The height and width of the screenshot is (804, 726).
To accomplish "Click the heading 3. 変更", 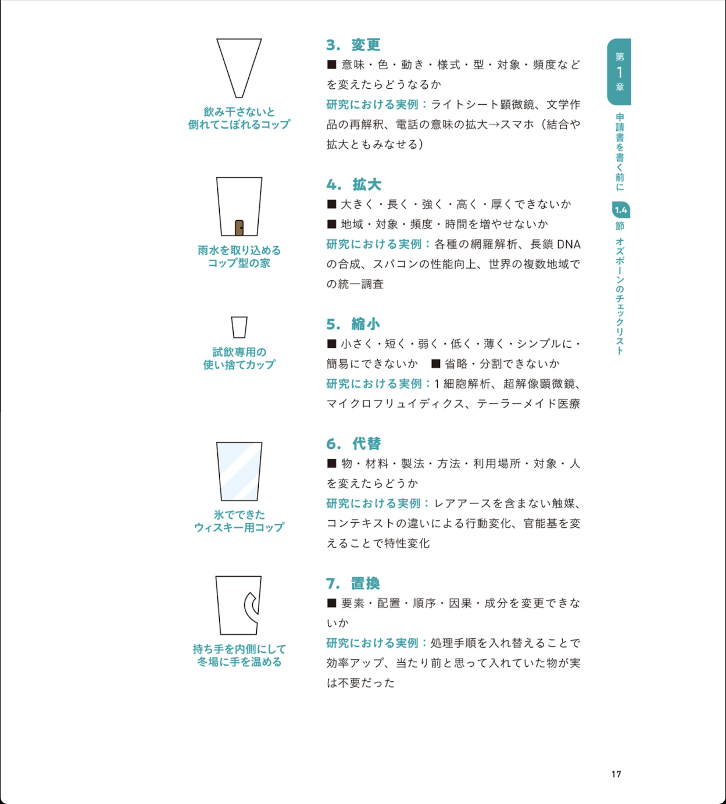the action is [353, 45].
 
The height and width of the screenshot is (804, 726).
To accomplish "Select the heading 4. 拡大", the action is [353, 184].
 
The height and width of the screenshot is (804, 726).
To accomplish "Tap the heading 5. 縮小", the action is [353, 324].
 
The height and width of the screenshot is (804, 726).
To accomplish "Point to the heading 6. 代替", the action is [353, 444].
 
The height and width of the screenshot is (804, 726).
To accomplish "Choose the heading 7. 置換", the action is [353, 583].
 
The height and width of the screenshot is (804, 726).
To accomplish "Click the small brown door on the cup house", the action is [239, 228].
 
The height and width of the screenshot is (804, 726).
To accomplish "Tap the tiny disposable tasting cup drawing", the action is [239, 327].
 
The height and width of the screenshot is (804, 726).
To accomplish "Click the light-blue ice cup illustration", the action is [239, 471].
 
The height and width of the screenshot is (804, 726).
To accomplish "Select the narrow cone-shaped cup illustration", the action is [239, 68].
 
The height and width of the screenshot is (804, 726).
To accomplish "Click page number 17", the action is [616, 774].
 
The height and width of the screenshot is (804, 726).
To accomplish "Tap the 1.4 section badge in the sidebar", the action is [621, 210].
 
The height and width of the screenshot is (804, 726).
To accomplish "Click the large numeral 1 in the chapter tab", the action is [620, 72].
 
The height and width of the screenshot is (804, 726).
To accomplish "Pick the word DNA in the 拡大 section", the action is [568, 244].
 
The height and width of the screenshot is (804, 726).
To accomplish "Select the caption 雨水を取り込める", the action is [239, 251].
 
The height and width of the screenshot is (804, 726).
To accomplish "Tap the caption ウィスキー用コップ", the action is [239, 527].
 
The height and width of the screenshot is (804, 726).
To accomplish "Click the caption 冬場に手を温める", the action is [239, 662].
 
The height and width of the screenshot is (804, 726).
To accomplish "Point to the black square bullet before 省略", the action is [436, 363].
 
